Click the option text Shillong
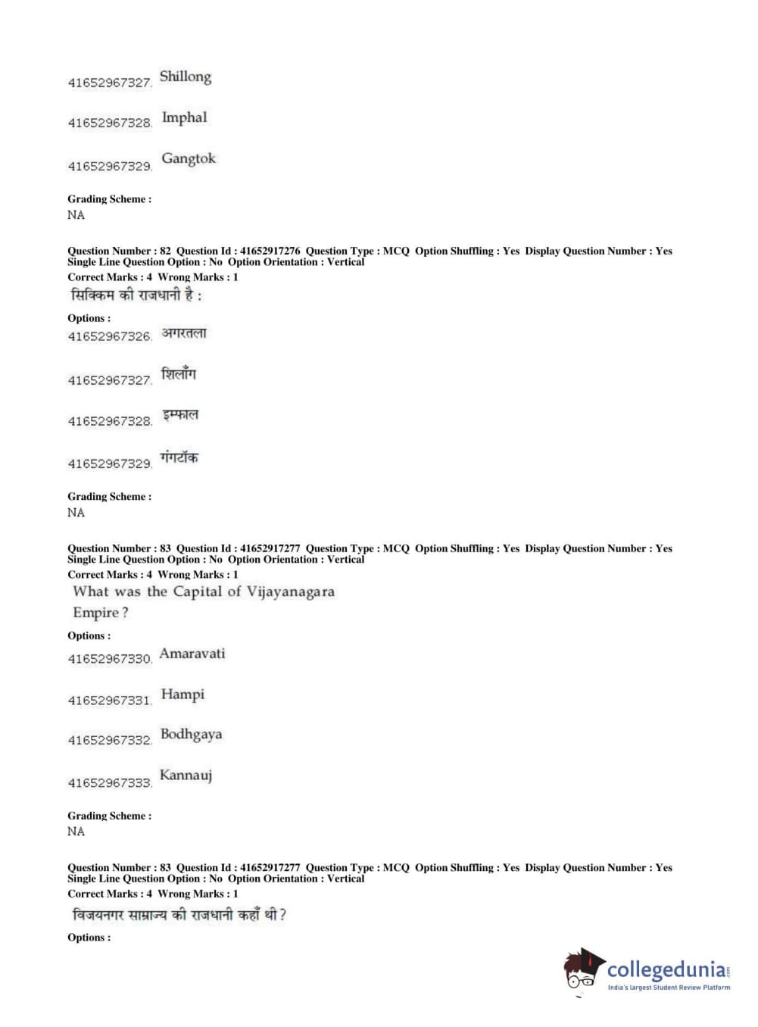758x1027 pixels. point(186,77)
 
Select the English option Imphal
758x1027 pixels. point(184,118)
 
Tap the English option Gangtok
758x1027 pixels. point(189,159)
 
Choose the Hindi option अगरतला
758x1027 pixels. point(184,333)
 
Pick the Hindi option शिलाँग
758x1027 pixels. point(179,374)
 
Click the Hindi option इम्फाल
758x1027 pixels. point(180,416)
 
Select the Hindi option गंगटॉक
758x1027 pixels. point(179,458)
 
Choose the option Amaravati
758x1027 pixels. point(192,654)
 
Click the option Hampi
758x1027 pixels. point(182,695)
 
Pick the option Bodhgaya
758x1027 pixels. point(192,735)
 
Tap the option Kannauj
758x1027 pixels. point(186,776)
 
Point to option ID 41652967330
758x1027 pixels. point(110,659)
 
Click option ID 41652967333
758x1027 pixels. point(110,783)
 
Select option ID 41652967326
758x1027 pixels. point(110,337)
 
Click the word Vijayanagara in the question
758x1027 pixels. point(290,592)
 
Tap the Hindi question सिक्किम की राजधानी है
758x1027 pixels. point(136,295)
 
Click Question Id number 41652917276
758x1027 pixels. point(270,251)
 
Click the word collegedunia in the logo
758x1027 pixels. point(666,970)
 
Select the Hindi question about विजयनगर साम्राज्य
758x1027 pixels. point(179,915)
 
